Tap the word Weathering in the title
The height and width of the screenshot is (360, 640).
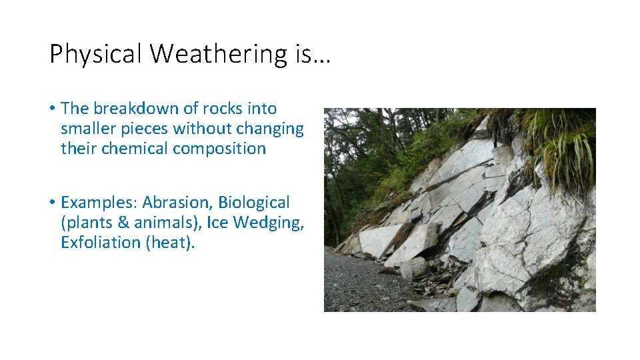click(x=219, y=54)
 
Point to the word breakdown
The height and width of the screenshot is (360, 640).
click(x=141, y=108)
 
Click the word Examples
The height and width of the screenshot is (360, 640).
click(x=99, y=203)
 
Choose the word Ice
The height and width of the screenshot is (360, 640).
click(x=218, y=223)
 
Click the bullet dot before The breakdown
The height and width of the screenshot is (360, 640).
click(x=52, y=109)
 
